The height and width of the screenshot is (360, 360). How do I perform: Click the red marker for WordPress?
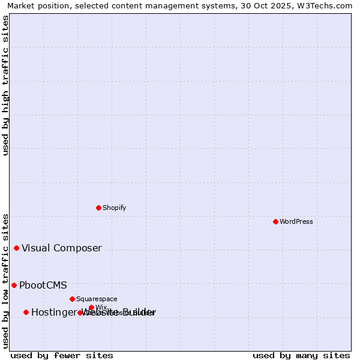[275, 221]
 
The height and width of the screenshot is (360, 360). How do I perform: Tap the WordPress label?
[296, 221]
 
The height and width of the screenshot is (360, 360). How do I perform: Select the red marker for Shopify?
[98, 208]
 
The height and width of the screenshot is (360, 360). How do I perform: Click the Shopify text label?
[114, 208]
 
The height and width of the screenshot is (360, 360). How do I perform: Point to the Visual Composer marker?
[16, 248]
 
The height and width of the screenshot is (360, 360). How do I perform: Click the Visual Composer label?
[62, 248]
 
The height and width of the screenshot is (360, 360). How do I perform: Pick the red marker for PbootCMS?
[14, 285]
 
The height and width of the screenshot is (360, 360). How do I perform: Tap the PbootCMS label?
[43, 286]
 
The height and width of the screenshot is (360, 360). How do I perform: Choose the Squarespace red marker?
[72, 299]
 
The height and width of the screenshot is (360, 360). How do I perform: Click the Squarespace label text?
[97, 299]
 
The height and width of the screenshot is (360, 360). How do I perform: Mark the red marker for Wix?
[91, 307]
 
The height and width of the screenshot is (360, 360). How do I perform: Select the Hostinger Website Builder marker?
[26, 312]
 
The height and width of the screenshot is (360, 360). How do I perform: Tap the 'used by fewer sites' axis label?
[62, 355]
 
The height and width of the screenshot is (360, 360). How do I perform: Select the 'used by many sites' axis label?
[301, 355]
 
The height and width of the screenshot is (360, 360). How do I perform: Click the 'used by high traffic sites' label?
[6, 85]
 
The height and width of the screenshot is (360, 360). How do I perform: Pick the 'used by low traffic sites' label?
[6, 280]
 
